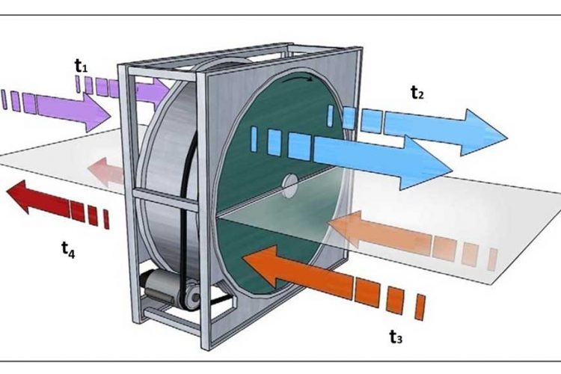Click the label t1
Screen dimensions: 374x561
(x=82, y=66)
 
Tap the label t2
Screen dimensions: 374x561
(x=417, y=93)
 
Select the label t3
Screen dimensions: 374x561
(x=396, y=337)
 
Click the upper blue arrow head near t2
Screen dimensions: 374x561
(x=486, y=130)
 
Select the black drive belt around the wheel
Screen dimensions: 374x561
(x=191, y=209)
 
